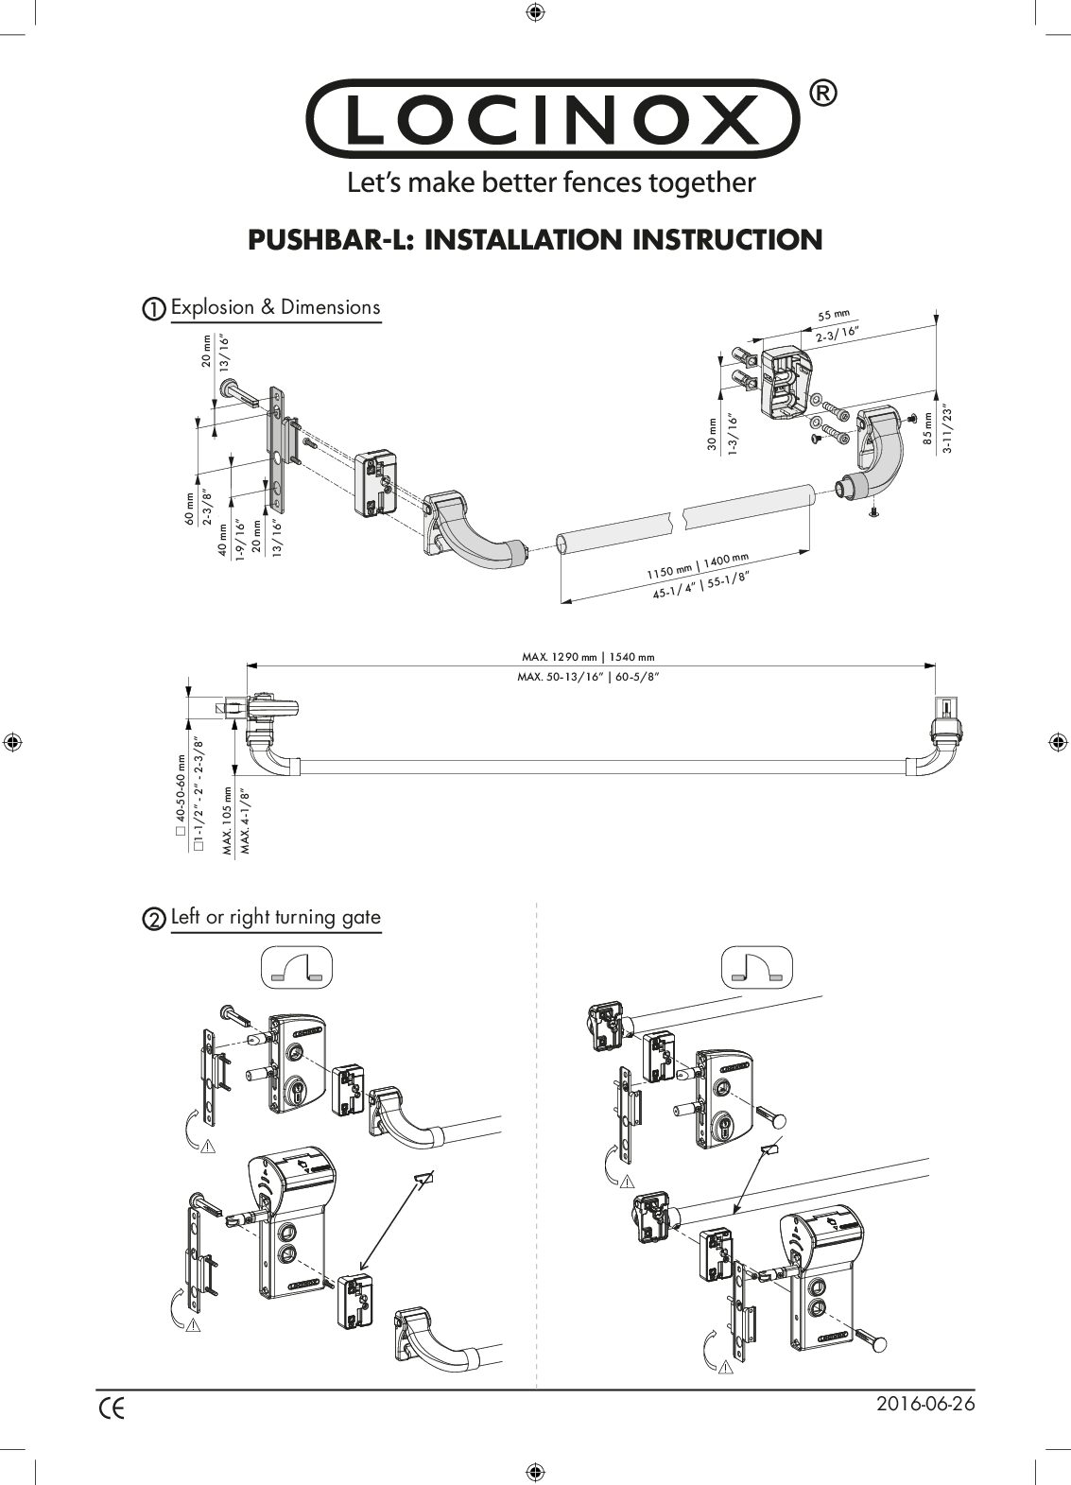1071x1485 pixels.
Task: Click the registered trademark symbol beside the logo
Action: coord(822,93)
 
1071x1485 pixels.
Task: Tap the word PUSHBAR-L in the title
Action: coord(331,239)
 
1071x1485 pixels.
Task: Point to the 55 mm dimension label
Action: coord(834,316)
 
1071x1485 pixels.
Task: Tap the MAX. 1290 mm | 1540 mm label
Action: coord(588,657)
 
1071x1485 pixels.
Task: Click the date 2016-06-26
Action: coord(925,1404)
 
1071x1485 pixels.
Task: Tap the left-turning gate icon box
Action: coord(295,967)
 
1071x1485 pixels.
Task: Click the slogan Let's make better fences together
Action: coord(552,181)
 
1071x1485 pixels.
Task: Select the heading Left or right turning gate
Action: coord(275,918)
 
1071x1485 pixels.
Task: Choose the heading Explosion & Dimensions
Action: coord(275,307)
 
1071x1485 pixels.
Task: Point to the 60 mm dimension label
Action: coord(189,509)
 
